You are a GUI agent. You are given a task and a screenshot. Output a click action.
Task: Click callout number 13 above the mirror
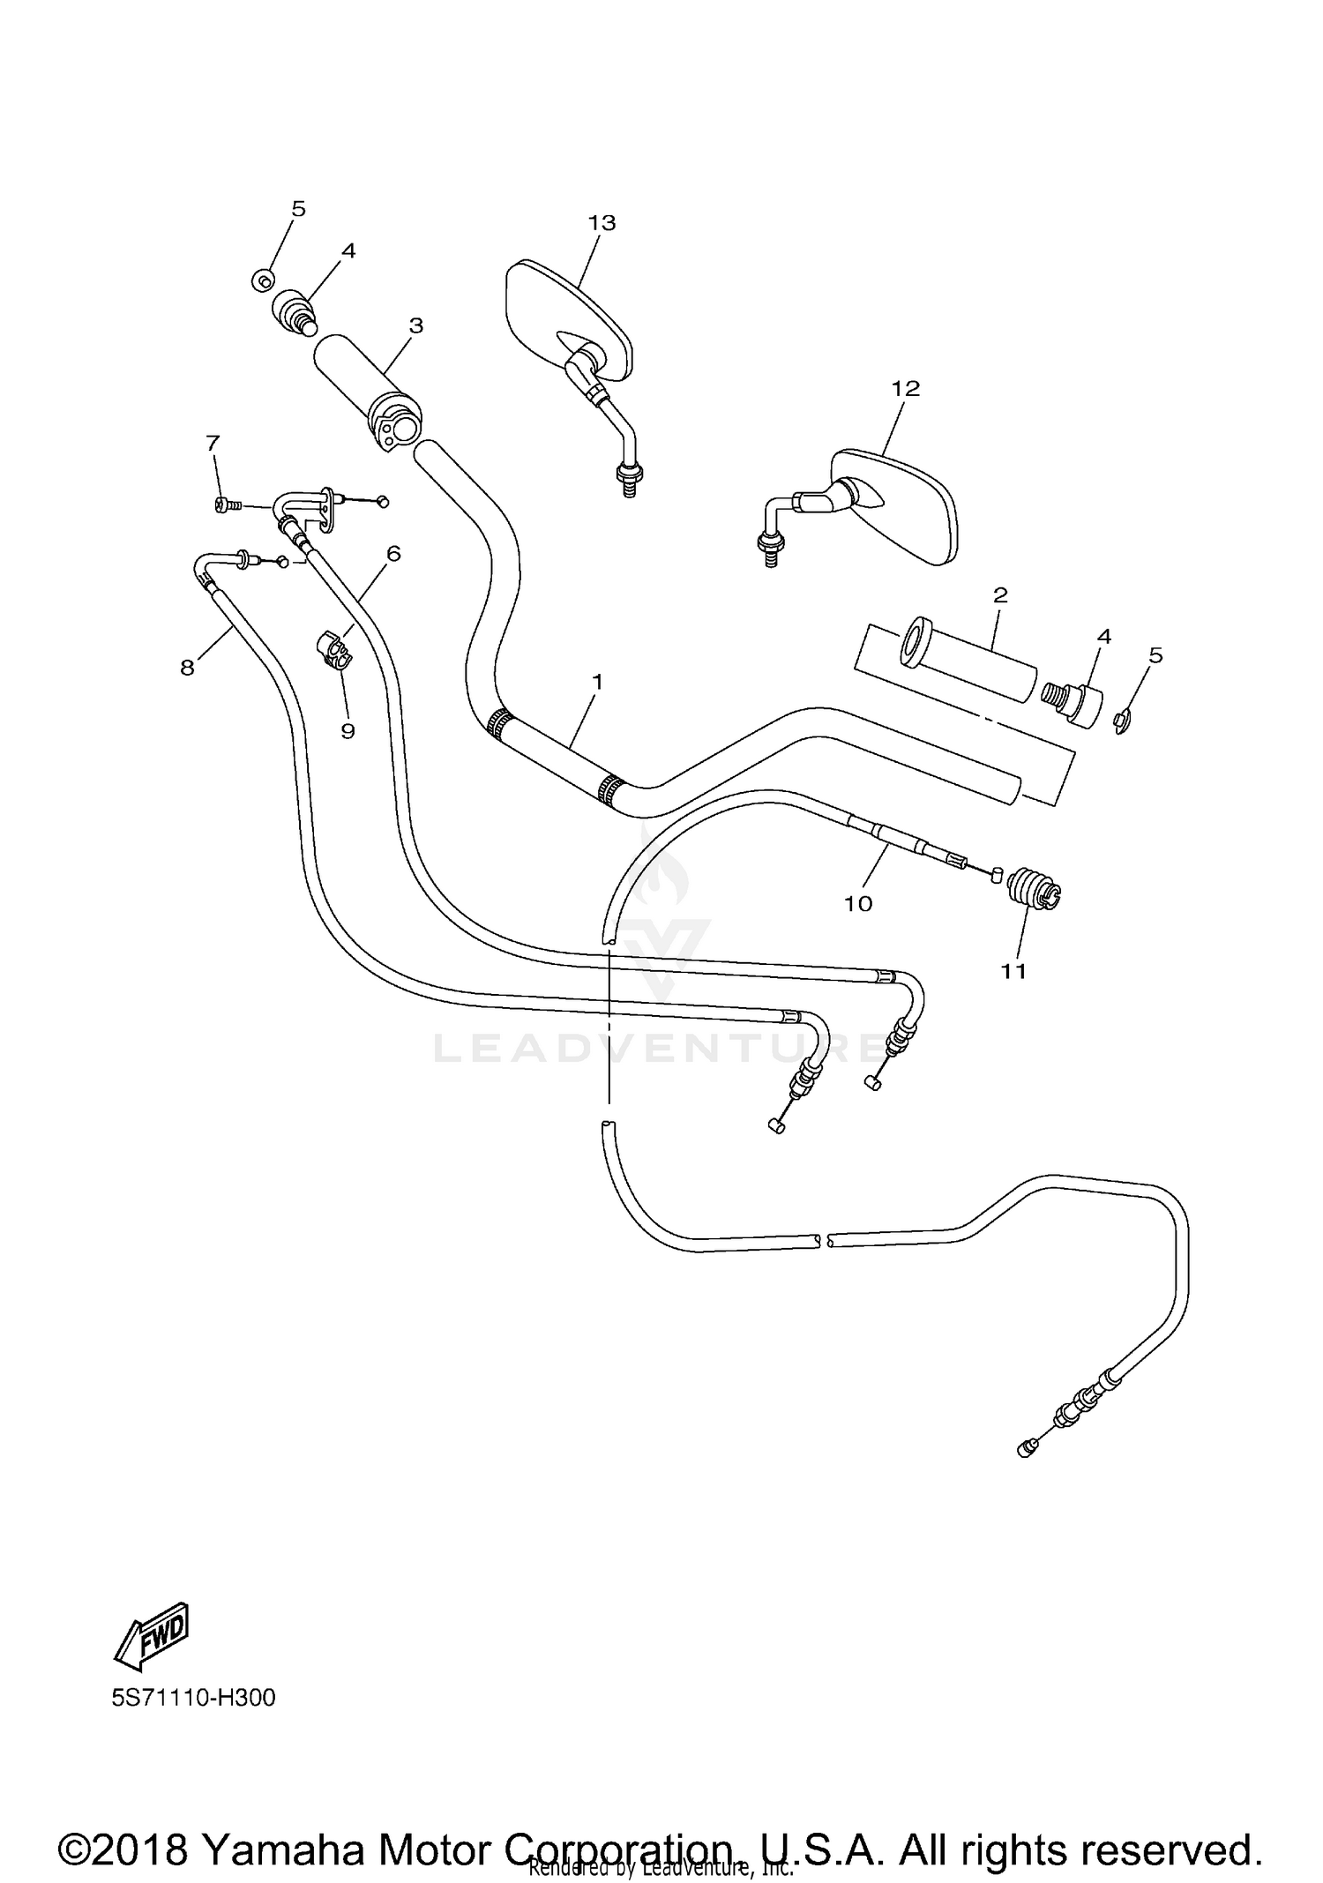602,223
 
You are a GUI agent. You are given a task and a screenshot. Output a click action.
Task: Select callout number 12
906,388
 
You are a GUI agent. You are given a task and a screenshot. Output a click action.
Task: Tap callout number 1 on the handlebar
597,682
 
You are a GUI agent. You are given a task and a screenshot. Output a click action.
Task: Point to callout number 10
858,903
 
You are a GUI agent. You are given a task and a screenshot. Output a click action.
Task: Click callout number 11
1013,971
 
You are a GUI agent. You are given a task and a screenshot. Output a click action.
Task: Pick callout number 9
348,731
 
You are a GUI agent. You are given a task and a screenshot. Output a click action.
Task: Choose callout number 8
187,668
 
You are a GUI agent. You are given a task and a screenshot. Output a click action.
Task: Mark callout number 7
213,443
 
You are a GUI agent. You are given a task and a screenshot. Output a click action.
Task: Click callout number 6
393,553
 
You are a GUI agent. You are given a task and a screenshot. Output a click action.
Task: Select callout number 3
416,325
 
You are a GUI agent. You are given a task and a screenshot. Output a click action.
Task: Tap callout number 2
1000,594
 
